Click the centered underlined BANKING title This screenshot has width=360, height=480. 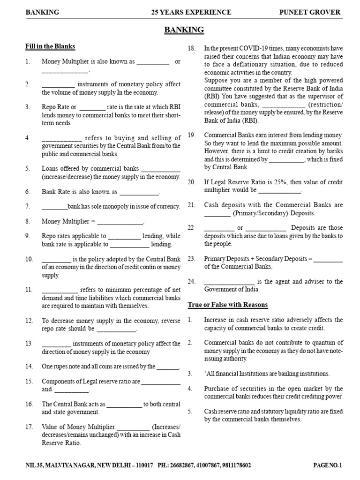click(x=184, y=30)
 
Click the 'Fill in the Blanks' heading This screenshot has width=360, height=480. click(x=50, y=47)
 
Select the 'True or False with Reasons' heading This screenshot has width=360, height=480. click(x=228, y=305)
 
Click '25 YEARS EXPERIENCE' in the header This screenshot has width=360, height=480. click(x=184, y=12)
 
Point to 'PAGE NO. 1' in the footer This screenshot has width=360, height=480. click(x=328, y=465)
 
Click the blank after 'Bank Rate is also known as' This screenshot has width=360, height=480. click(x=139, y=193)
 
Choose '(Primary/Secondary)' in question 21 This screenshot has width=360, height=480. click(x=260, y=213)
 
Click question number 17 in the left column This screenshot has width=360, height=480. click(x=29, y=427)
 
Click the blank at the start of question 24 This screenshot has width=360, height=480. click(x=229, y=282)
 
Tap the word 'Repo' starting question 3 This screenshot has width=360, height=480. click(x=49, y=107)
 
